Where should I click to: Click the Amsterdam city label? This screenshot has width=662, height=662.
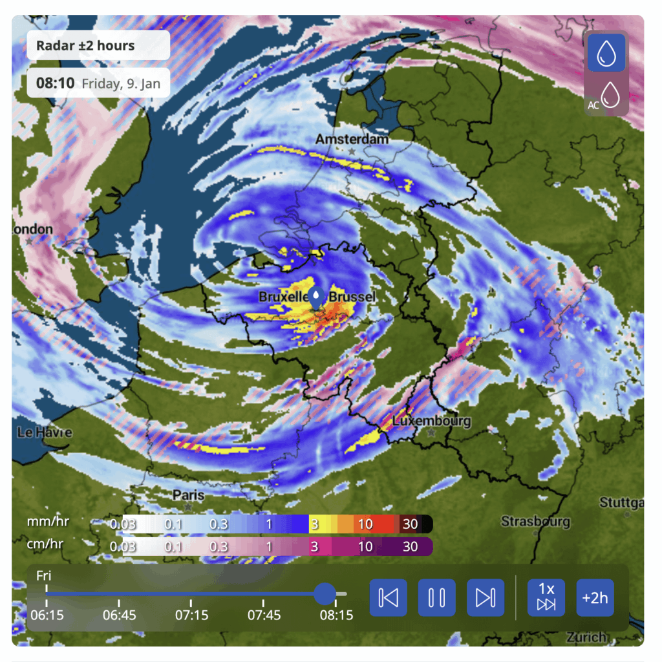(x=352, y=139)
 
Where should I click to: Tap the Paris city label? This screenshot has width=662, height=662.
(x=189, y=495)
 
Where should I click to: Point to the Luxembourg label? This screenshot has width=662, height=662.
(x=432, y=421)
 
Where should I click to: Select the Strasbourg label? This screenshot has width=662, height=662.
(x=536, y=521)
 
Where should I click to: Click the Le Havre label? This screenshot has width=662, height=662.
(x=45, y=432)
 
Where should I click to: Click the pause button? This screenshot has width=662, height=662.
(x=437, y=597)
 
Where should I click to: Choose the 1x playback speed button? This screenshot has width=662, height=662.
(x=546, y=597)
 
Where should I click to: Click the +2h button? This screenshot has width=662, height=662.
(x=595, y=597)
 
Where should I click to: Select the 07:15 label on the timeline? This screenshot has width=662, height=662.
(x=191, y=615)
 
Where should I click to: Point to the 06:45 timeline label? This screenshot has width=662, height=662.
(x=119, y=615)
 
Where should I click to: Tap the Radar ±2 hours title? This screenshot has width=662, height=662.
(x=85, y=46)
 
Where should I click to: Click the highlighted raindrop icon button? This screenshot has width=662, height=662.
(x=606, y=53)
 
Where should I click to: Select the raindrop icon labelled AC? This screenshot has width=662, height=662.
(x=606, y=97)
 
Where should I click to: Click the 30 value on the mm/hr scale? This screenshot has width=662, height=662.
(x=410, y=524)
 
